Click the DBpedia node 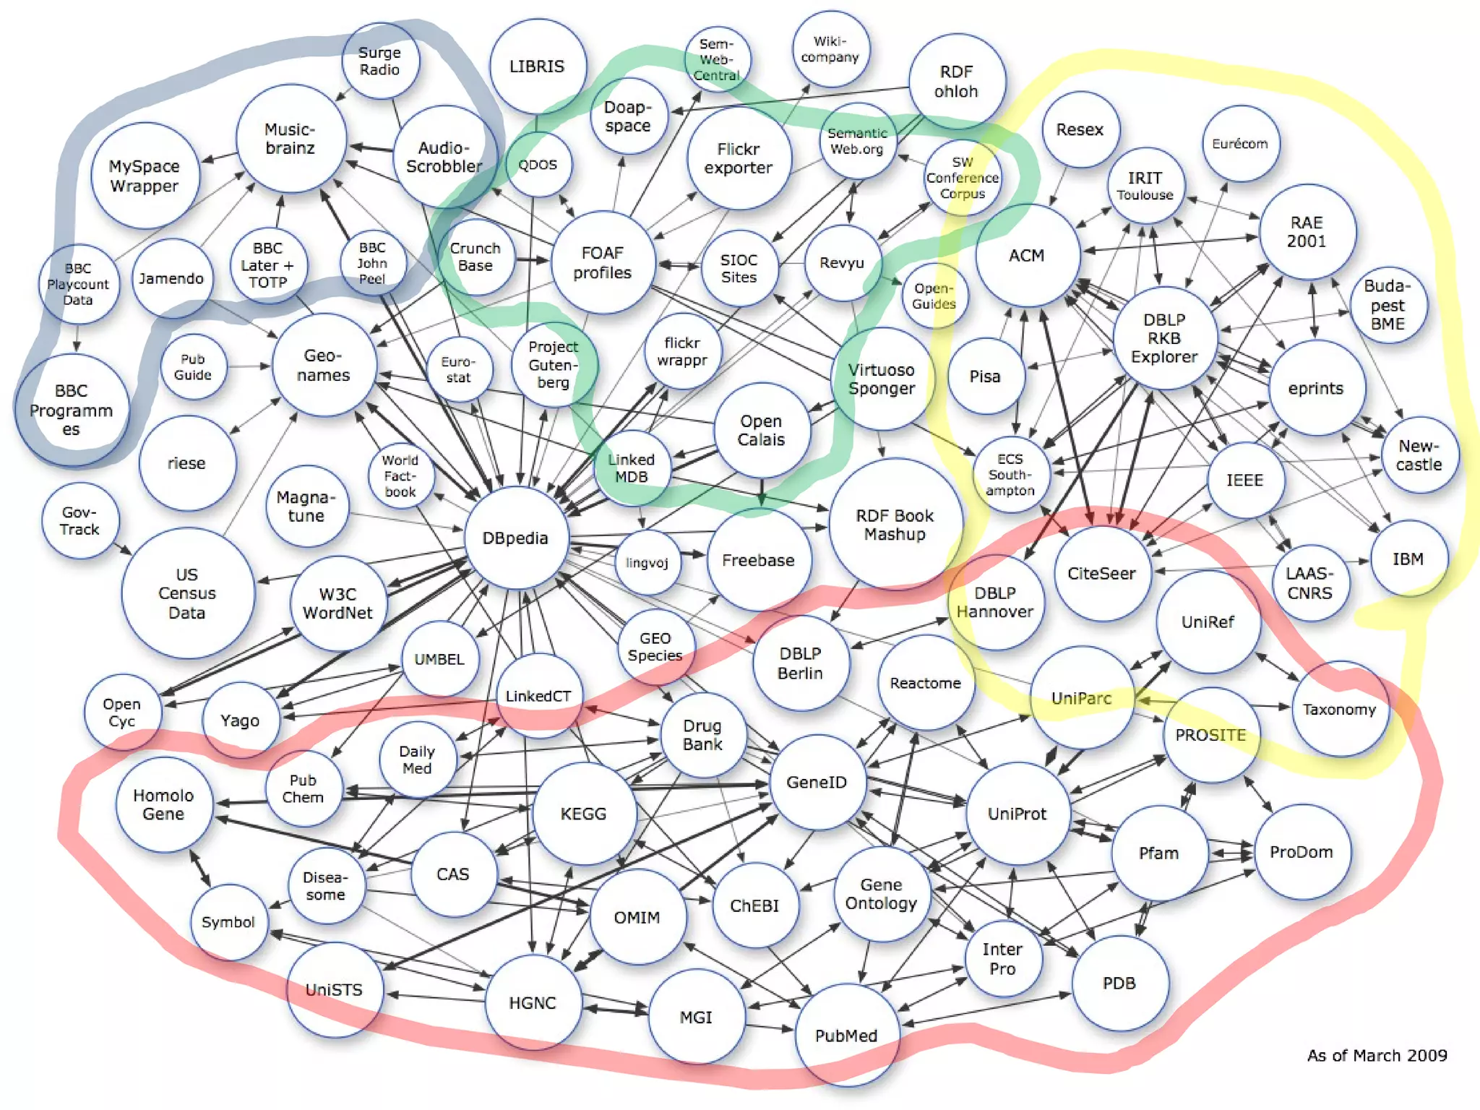pyautogui.click(x=515, y=538)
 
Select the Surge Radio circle pyautogui.click(x=379, y=61)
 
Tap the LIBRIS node pyautogui.click(x=537, y=66)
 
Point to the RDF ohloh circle pyautogui.click(x=956, y=82)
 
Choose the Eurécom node pyautogui.click(x=1240, y=144)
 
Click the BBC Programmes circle pyautogui.click(x=71, y=410)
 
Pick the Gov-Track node pyautogui.click(x=79, y=521)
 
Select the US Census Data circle pyautogui.click(x=187, y=593)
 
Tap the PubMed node pyautogui.click(x=846, y=1036)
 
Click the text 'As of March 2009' pyautogui.click(x=1377, y=1056)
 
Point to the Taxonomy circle pyautogui.click(x=1339, y=710)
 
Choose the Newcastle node pyautogui.click(x=1419, y=455)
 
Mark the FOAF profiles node pyautogui.click(x=603, y=263)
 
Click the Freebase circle pyautogui.click(x=758, y=560)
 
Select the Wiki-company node pyautogui.click(x=830, y=49)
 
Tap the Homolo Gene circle pyautogui.click(x=163, y=804)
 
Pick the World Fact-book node pyautogui.click(x=400, y=476)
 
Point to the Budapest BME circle pyautogui.click(x=1387, y=305)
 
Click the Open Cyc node pyautogui.click(x=121, y=713)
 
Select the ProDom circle pyautogui.click(x=1302, y=852)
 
